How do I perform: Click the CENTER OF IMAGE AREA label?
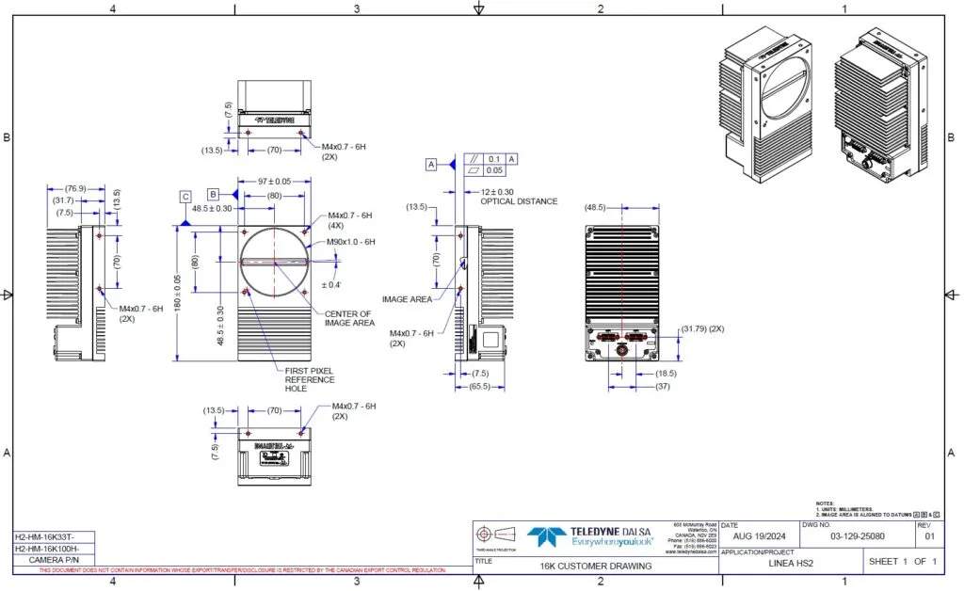point(348,318)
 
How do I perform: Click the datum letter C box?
point(187,197)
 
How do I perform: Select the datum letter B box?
point(214,193)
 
